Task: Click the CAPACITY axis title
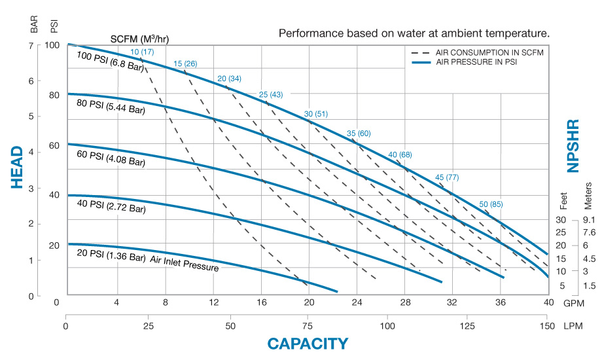click(x=308, y=343)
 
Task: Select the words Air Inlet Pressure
click(x=185, y=262)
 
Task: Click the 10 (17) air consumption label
click(x=142, y=52)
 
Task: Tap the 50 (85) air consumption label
click(x=491, y=204)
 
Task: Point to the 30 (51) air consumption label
click(x=316, y=115)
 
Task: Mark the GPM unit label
click(x=573, y=302)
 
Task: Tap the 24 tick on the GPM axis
click(x=357, y=302)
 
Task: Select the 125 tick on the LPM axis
click(x=467, y=326)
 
